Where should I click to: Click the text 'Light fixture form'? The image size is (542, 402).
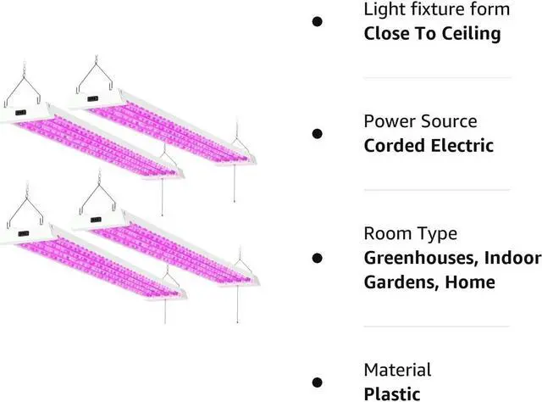[436, 10]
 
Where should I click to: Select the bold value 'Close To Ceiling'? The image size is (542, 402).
[432, 34]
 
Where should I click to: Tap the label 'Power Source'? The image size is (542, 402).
[420, 121]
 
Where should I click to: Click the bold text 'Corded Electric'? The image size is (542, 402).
[429, 145]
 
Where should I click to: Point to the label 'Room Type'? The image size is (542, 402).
[410, 233]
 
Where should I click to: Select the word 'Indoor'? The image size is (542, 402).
[513, 257]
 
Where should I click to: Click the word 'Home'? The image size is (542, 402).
[470, 282]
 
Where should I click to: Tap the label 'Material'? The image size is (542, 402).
[397, 370]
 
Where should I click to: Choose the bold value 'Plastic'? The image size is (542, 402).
[392, 394]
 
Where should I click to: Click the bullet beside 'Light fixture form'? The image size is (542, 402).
[318, 22]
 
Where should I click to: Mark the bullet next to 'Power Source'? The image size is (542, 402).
[318, 133]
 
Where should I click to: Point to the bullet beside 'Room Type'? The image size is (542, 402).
[318, 257]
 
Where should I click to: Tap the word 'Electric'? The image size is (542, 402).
[462, 145]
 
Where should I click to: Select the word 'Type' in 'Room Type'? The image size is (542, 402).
[437, 233]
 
